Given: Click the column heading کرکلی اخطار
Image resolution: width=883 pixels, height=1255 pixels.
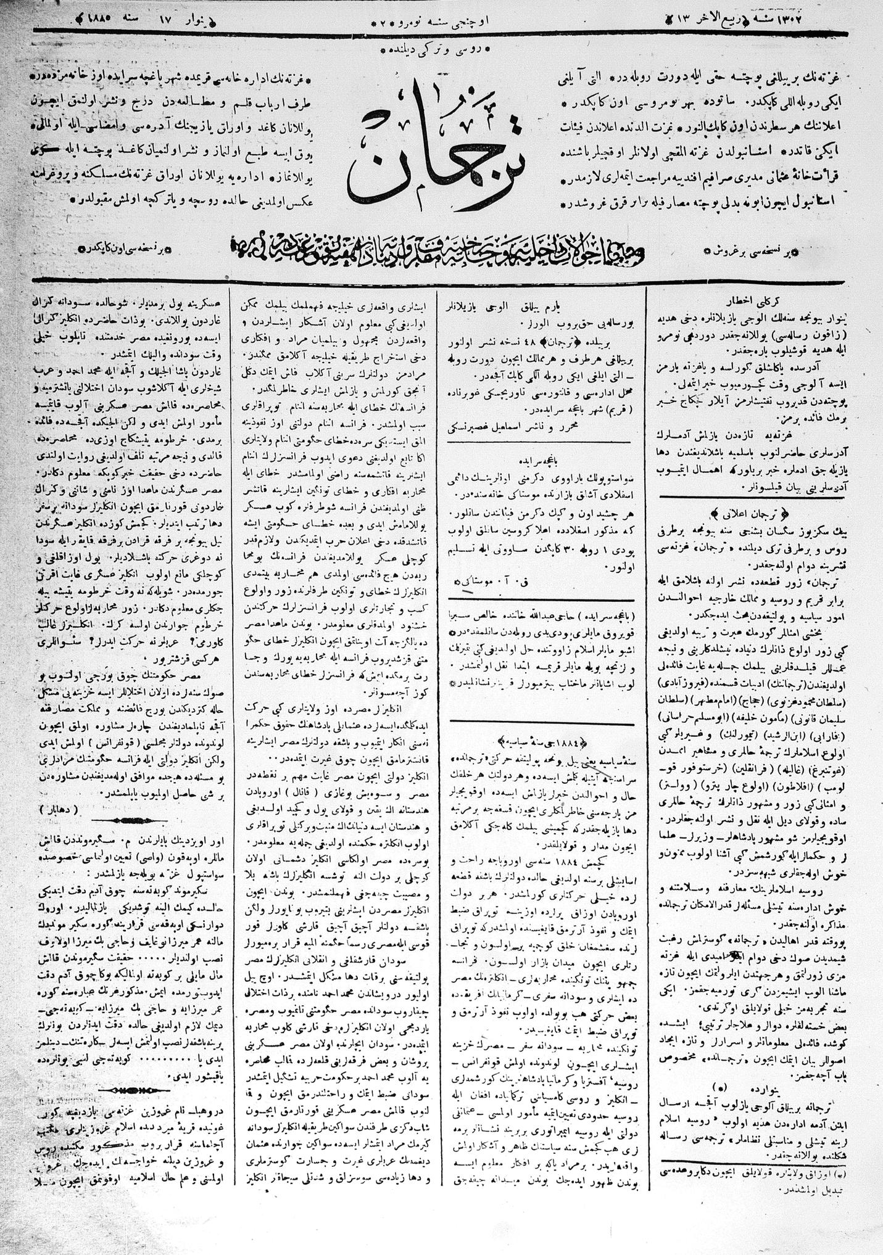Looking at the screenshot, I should pyautogui.click(x=747, y=294).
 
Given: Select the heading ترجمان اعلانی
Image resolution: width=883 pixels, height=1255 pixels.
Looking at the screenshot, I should pyautogui.click(x=743, y=512).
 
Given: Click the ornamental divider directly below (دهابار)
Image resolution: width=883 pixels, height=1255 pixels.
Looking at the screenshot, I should pyautogui.click(x=130, y=821).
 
